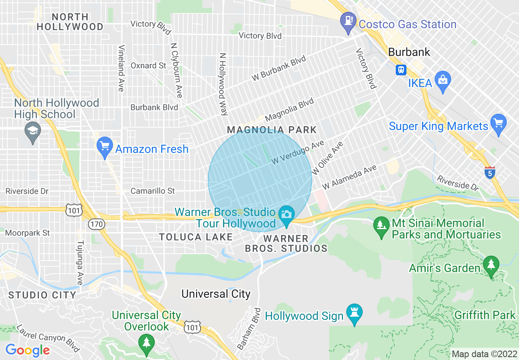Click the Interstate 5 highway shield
point(490,172)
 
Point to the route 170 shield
point(97,224)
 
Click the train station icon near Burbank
point(401,70)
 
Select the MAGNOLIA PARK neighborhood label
point(272,130)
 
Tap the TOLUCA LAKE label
point(196,237)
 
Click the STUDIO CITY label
point(42,295)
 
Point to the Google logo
point(27,351)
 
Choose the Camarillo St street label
point(153,191)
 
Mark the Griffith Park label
point(485,315)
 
